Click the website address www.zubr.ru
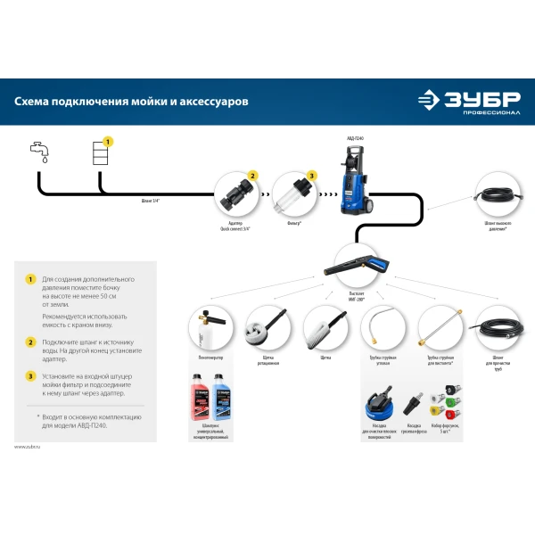[28, 446]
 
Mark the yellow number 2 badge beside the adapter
[252, 176]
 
